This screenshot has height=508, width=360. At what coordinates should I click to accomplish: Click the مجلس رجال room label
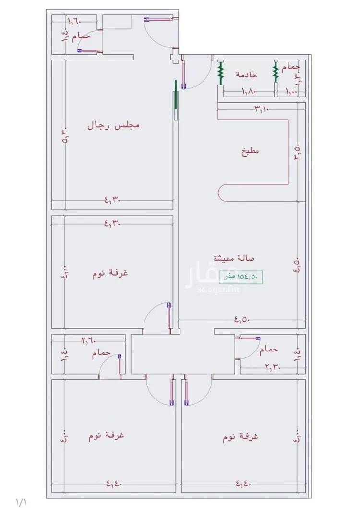click(x=113, y=126)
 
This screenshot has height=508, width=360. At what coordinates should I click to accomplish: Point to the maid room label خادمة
click(x=246, y=74)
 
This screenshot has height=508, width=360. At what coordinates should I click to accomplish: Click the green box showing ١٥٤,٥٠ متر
click(x=241, y=277)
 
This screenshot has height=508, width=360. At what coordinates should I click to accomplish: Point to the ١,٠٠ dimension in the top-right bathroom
click(x=291, y=91)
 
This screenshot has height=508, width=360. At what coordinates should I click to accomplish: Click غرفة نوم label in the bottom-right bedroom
click(x=241, y=437)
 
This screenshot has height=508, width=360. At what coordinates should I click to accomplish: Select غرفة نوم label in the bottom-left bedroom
click(x=107, y=436)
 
